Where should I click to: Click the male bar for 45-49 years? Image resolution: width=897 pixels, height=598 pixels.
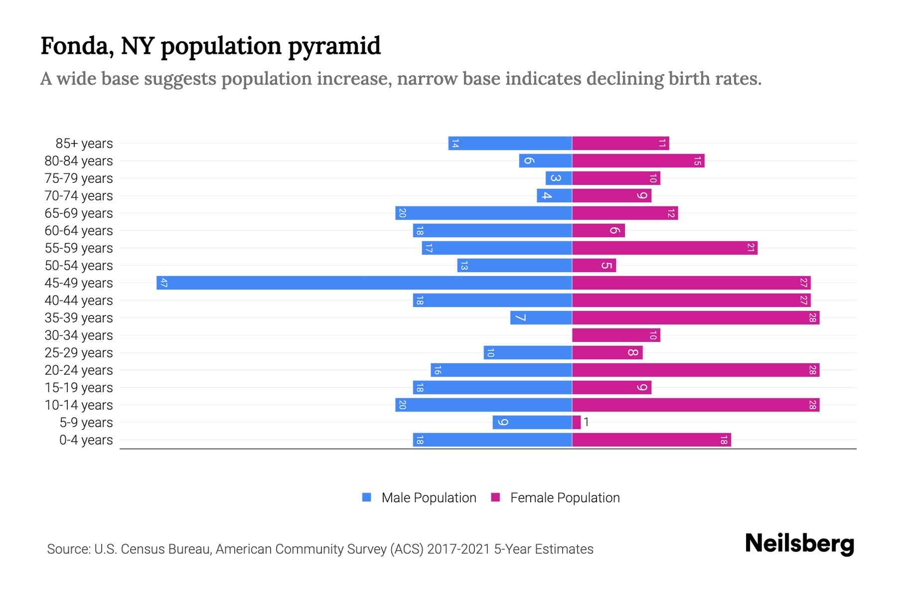tap(364, 283)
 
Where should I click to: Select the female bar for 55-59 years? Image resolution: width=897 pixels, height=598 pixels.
tap(664, 248)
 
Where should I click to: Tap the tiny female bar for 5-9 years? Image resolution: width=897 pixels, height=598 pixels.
tap(576, 422)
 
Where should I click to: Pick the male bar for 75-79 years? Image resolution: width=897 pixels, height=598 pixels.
tap(558, 178)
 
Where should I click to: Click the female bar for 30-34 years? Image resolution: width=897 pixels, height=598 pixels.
tap(616, 335)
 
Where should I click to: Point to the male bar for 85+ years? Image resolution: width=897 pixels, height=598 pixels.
tap(510, 143)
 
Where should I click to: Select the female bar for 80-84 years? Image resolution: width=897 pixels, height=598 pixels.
tap(638, 160)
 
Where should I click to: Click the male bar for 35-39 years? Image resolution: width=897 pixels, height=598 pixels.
tap(541, 317)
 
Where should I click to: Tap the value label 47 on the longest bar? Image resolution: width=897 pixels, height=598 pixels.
tap(163, 283)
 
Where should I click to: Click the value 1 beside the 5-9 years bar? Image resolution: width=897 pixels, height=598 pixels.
tap(587, 422)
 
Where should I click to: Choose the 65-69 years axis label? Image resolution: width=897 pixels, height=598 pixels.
tap(79, 213)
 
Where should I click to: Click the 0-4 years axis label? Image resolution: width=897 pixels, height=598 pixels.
tap(86, 440)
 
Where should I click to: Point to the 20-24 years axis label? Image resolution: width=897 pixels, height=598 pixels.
tap(79, 370)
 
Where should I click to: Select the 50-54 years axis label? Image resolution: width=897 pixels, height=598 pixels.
tap(79, 266)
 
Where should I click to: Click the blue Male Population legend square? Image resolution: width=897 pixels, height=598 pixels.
tap(367, 497)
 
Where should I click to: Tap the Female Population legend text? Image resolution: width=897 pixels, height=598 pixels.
tap(565, 497)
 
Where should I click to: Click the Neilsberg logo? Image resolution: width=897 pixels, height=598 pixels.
tap(799, 544)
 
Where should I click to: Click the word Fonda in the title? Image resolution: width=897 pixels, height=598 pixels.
tap(75, 46)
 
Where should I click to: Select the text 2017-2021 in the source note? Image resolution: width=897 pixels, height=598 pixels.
tap(458, 549)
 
